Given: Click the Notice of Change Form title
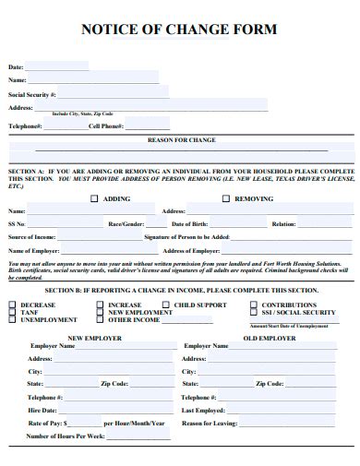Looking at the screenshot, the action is pos(179,30).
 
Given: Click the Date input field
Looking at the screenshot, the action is pos(57,66).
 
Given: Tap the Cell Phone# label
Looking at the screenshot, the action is pos(106,125).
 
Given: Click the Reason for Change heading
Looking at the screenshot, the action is pos(182,140).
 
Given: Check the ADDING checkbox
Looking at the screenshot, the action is pos(94,198).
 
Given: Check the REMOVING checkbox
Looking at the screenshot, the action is pos(225,198).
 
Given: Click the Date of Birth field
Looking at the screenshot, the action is pos(237,224).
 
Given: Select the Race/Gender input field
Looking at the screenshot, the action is pos(157,224).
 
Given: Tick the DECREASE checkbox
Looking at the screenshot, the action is pos(12,305).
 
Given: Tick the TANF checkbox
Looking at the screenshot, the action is pos(12,312).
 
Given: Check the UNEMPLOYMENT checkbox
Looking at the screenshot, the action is pos(12,319).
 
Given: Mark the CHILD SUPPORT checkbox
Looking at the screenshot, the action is pos(165,305).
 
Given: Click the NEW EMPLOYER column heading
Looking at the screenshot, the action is pos(95,337).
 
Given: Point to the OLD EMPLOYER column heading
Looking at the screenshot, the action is pos(269,337).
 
